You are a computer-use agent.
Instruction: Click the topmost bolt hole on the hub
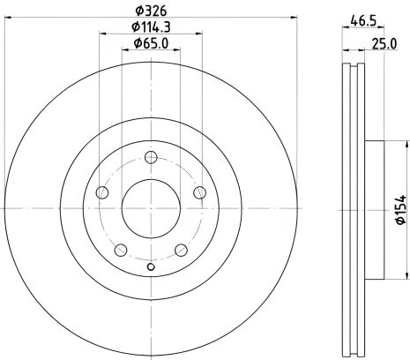coord(150,159)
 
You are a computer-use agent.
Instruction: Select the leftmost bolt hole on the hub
coord(102,193)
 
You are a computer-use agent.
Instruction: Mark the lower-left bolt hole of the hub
coord(121,250)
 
